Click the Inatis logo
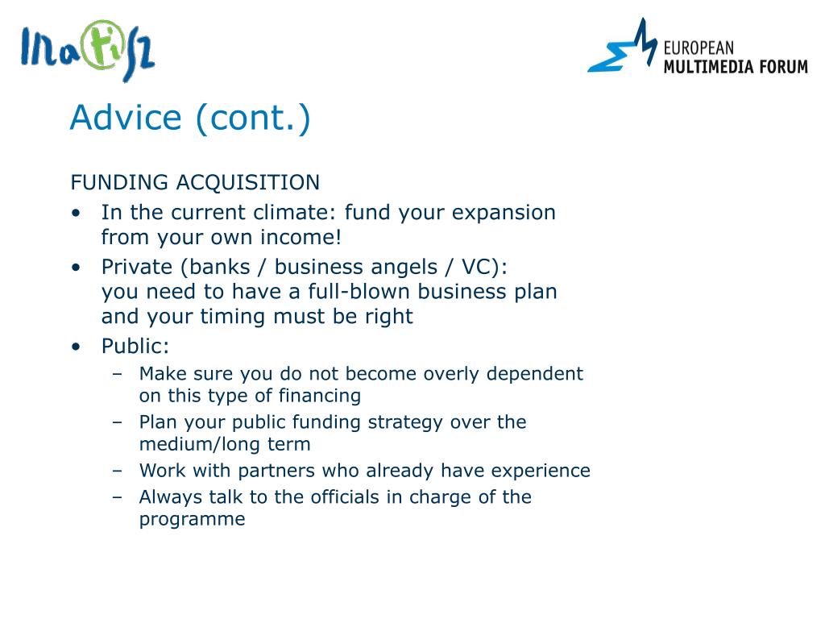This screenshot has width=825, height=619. (x=87, y=50)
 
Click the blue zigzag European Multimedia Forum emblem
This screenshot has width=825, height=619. (x=623, y=46)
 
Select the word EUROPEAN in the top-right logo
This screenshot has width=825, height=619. (x=699, y=48)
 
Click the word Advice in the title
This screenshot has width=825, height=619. (x=126, y=117)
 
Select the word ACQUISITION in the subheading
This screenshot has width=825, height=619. (x=248, y=183)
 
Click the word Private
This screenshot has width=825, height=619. (x=137, y=267)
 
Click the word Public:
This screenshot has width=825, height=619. (x=135, y=346)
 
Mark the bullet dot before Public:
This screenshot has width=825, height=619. (x=77, y=347)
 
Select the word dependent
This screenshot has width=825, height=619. (x=535, y=374)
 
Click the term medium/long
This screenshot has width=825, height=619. (x=200, y=444)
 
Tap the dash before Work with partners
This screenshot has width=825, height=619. (x=118, y=471)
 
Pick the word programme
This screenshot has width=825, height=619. (x=192, y=520)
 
